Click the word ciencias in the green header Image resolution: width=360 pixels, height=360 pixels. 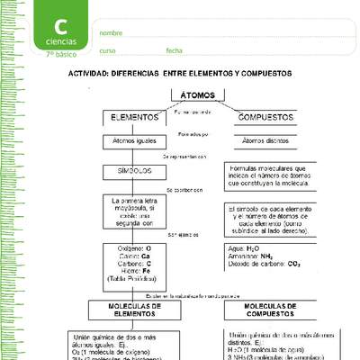click(x=59, y=41)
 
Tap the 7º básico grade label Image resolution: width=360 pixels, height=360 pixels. click(x=59, y=54)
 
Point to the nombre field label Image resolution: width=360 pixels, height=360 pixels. click(x=111, y=33)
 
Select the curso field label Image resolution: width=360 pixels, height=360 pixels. click(x=107, y=50)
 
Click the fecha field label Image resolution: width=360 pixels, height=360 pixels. click(x=174, y=50)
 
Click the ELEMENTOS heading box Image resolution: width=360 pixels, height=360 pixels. click(x=135, y=117)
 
